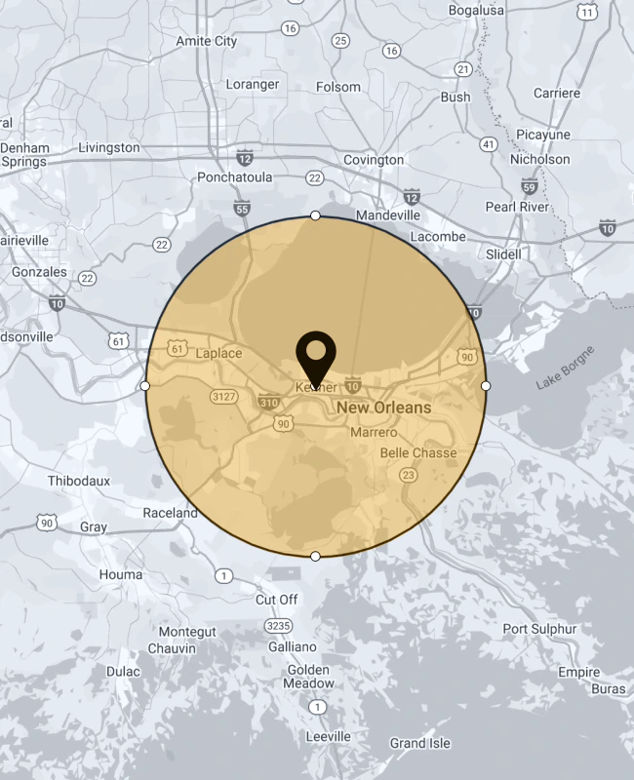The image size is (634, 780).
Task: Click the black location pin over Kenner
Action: click(x=315, y=357)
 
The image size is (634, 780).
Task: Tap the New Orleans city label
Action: click(x=383, y=408)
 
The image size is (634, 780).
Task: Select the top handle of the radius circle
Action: click(x=315, y=214)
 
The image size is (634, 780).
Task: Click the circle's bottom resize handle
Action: click(x=315, y=556)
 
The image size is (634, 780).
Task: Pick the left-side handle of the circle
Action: click(x=145, y=386)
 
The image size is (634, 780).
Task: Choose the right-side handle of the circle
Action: click(x=486, y=386)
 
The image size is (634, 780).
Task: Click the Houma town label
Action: click(x=120, y=574)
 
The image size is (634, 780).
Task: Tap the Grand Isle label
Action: click(x=420, y=743)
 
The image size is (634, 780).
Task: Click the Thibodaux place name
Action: click(x=79, y=481)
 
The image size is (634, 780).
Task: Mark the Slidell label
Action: click(x=503, y=253)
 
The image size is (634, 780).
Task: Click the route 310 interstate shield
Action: click(x=268, y=401)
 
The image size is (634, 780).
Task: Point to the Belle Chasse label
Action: click(x=418, y=452)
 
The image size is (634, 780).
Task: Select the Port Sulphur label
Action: click(x=539, y=629)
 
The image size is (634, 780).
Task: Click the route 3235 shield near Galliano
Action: click(x=279, y=625)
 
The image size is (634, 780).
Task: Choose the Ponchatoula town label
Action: click(x=234, y=177)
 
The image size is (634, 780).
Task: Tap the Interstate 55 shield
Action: click(x=243, y=209)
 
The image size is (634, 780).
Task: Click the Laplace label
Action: click(x=218, y=353)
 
